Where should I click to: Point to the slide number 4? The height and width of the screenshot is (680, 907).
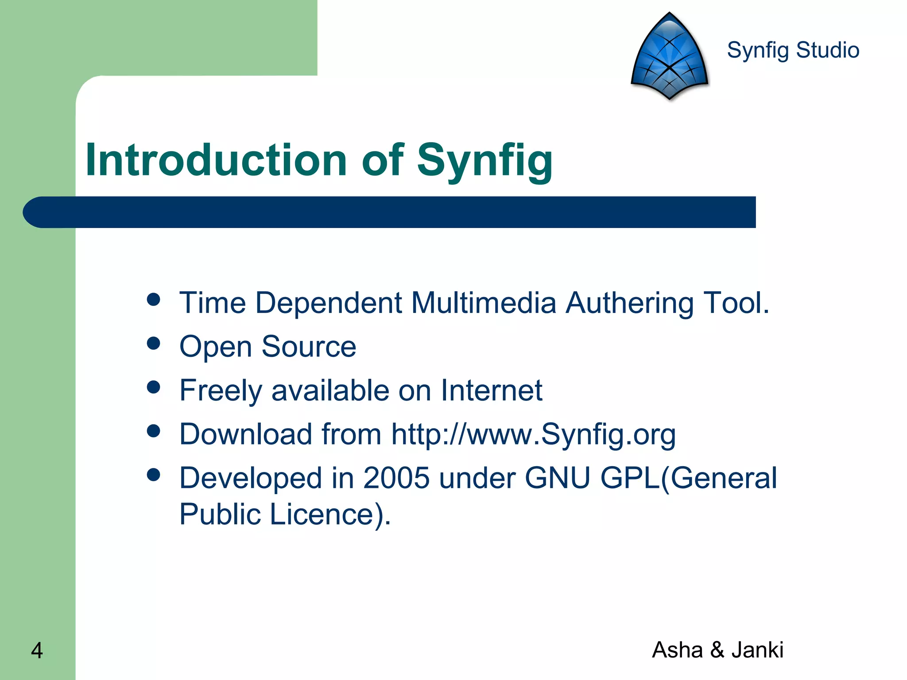click(37, 650)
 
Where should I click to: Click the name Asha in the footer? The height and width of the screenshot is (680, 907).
click(678, 650)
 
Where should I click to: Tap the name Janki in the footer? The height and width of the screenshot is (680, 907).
click(757, 650)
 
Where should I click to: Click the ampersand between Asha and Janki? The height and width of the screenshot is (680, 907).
click(717, 650)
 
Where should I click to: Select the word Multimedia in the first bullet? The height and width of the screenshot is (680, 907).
click(484, 303)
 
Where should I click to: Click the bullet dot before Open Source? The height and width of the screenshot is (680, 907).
click(153, 344)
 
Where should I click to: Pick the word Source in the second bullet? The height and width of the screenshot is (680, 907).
click(309, 347)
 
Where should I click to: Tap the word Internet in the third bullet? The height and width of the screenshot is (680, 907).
click(492, 390)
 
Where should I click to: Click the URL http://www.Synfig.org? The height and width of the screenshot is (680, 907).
click(533, 434)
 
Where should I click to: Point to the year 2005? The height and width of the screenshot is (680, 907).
click(396, 479)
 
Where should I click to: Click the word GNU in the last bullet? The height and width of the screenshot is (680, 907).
click(557, 479)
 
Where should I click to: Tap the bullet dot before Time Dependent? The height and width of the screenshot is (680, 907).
click(153, 300)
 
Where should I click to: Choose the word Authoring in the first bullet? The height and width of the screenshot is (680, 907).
click(629, 303)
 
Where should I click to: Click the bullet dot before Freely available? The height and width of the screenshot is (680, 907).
click(153, 387)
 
